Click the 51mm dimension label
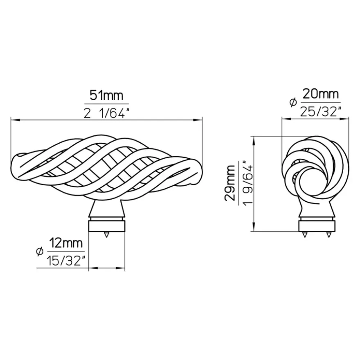(106, 95)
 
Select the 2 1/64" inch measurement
(106, 113)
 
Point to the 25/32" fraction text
(320, 112)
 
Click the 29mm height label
(230, 183)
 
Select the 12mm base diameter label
(66, 243)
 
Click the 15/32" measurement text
(66, 261)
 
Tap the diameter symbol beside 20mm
(293, 103)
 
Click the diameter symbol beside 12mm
(40, 252)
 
